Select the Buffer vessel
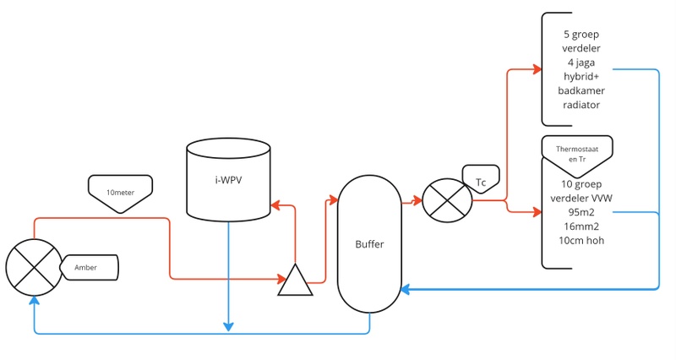tap(369, 244)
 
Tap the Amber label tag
tap(87, 268)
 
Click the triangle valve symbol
tap(295, 281)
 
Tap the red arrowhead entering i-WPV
tap(274, 205)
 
